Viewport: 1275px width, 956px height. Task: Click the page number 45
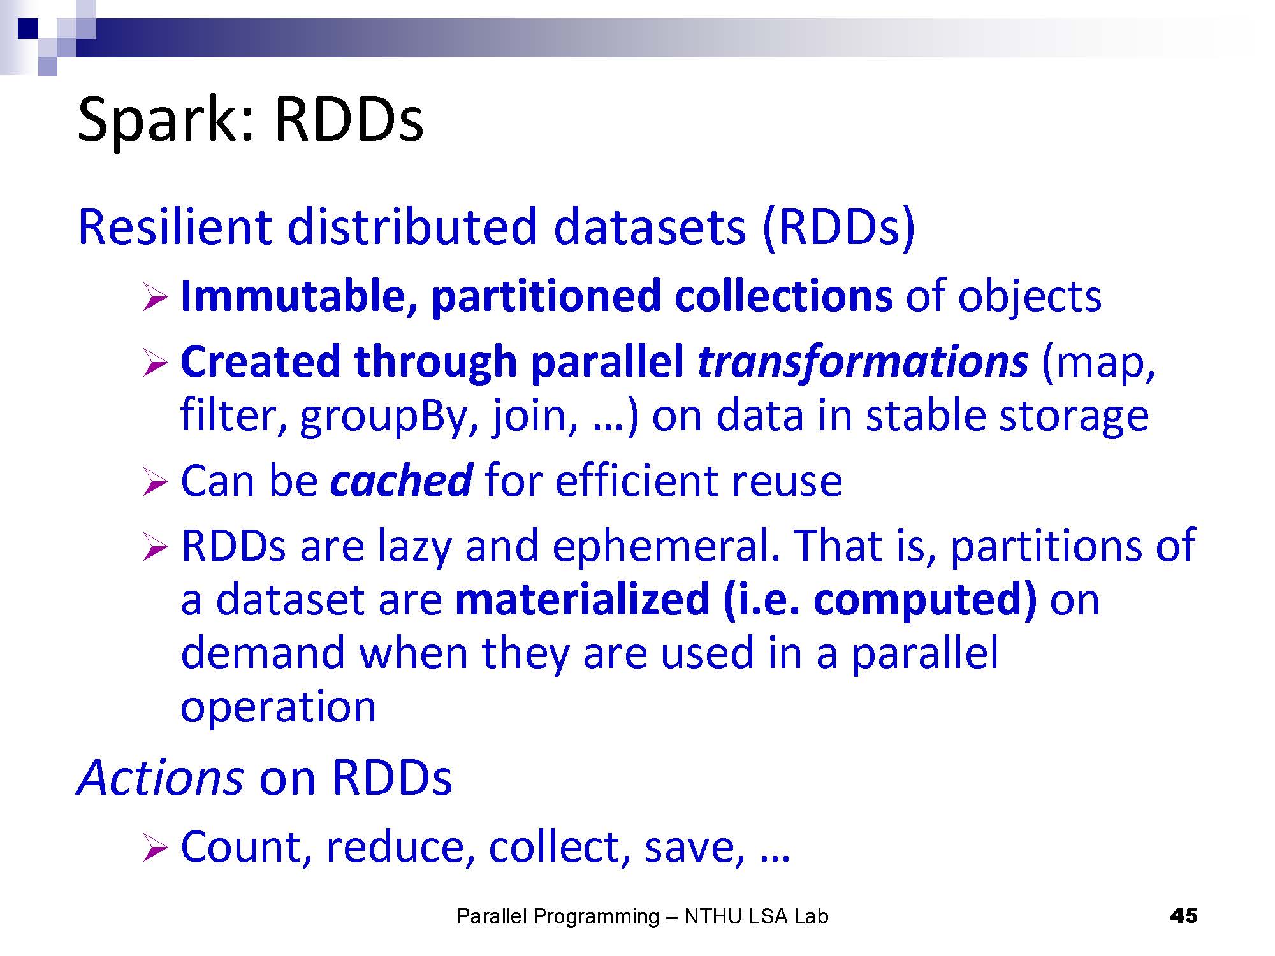point(1184,916)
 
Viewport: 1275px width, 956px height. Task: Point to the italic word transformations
point(863,361)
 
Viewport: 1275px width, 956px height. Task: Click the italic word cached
point(402,480)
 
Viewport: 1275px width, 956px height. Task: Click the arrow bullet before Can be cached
point(155,482)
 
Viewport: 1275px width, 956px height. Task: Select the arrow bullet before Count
point(155,849)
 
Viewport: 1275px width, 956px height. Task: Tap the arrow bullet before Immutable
point(155,298)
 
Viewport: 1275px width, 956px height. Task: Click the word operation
point(279,707)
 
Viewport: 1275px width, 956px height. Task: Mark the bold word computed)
point(925,600)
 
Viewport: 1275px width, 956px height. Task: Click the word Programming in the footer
point(596,917)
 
